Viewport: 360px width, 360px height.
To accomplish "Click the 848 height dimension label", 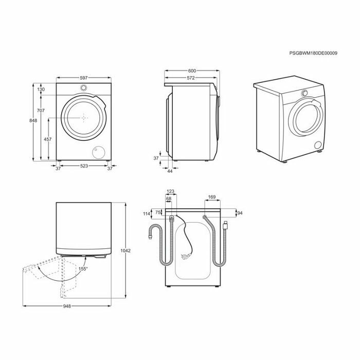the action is [x=33, y=120].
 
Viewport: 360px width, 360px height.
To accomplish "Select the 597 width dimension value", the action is [x=84, y=78].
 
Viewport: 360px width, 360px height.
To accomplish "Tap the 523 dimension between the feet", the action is [x=84, y=166].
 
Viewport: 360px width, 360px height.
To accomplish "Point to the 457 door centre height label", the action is [x=48, y=139].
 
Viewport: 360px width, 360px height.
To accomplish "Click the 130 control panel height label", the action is [x=41, y=89].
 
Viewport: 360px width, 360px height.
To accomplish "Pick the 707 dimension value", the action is [x=41, y=111].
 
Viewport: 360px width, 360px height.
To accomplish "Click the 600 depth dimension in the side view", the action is [x=192, y=71].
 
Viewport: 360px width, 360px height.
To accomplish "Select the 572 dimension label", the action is [x=191, y=78].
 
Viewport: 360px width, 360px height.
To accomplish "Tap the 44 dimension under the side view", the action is [x=170, y=171].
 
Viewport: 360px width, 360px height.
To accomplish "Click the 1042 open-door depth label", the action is [x=125, y=251].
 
